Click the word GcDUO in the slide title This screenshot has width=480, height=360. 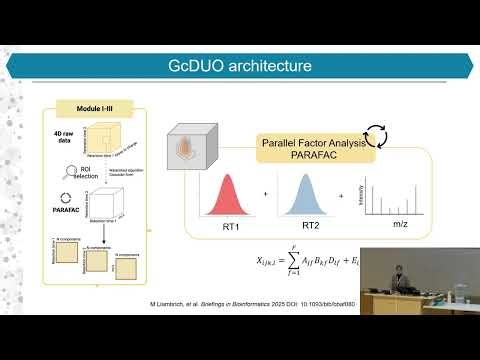pyautogui.click(x=199, y=67)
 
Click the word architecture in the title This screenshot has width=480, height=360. pyautogui.click(x=269, y=67)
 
